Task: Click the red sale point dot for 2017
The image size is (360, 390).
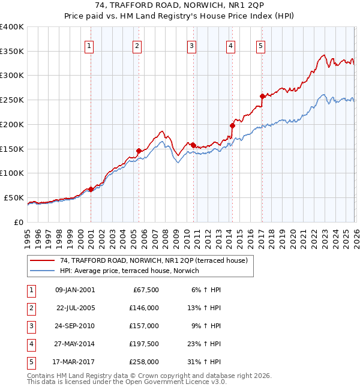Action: pyautogui.click(x=262, y=96)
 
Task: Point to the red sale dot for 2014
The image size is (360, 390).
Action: pyautogui.click(x=232, y=125)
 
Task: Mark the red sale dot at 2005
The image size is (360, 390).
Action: pyautogui.click(x=139, y=151)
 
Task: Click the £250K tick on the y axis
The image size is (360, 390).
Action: pyautogui.click(x=11, y=100)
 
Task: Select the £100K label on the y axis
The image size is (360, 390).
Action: pyautogui.click(x=11, y=173)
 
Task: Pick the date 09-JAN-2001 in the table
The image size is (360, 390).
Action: pyautogui.click(x=74, y=290)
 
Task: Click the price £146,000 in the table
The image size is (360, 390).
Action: pyautogui.click(x=144, y=308)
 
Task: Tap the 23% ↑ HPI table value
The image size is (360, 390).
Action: pyautogui.click(x=205, y=344)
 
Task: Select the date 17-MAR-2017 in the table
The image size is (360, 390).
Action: pyautogui.click(x=74, y=362)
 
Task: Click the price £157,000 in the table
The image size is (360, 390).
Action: pyautogui.click(x=144, y=326)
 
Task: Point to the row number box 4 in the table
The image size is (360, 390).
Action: pyautogui.click(x=31, y=344)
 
